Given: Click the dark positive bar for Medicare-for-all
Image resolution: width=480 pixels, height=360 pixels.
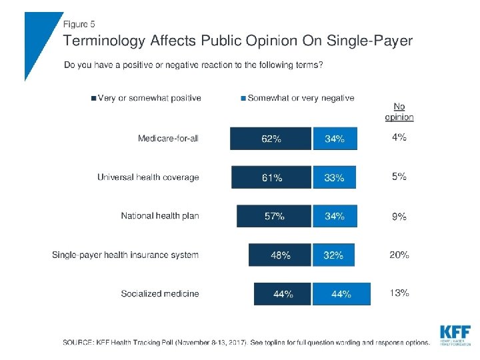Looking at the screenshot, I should tap(271, 139).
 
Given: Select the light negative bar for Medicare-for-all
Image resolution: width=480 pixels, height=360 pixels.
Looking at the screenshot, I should tap(335, 139).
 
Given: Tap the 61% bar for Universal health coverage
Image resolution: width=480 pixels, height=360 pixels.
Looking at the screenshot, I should tap(271, 177).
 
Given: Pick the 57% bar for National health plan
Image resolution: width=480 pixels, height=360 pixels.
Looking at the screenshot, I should tap(274, 216).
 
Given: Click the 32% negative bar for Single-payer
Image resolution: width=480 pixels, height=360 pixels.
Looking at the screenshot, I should tap(333, 255).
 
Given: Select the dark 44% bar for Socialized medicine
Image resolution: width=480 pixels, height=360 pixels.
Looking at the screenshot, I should tap(283, 294).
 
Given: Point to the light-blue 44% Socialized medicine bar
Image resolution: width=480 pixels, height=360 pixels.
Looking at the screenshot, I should tap(341, 294).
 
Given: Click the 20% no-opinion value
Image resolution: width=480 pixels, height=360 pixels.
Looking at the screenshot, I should tap(399, 255).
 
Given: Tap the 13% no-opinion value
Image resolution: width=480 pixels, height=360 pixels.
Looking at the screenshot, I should tap(399, 293).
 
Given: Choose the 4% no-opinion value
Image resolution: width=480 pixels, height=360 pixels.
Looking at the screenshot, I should tap(399, 138).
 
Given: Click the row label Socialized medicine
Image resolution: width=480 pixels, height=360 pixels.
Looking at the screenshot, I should tap(160, 293).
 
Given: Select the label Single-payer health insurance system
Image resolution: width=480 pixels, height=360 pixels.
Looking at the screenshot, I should tap(125, 255).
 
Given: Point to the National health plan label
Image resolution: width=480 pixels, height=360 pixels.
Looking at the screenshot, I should tap(160, 216).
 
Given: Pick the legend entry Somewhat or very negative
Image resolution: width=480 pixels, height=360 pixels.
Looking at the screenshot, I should tap(301, 98).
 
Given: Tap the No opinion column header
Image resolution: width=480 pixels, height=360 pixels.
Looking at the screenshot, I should tap(399, 111).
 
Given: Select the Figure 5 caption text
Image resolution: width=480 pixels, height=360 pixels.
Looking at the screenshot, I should tap(79, 25).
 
